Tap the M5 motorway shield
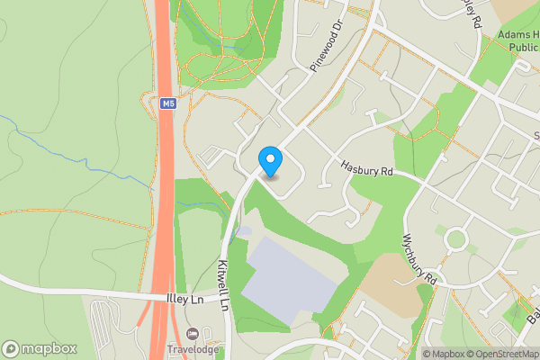click(x=167, y=103)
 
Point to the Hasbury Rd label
click(x=368, y=167)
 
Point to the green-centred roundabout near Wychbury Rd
click(x=455, y=239)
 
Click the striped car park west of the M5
click(x=106, y=319)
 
